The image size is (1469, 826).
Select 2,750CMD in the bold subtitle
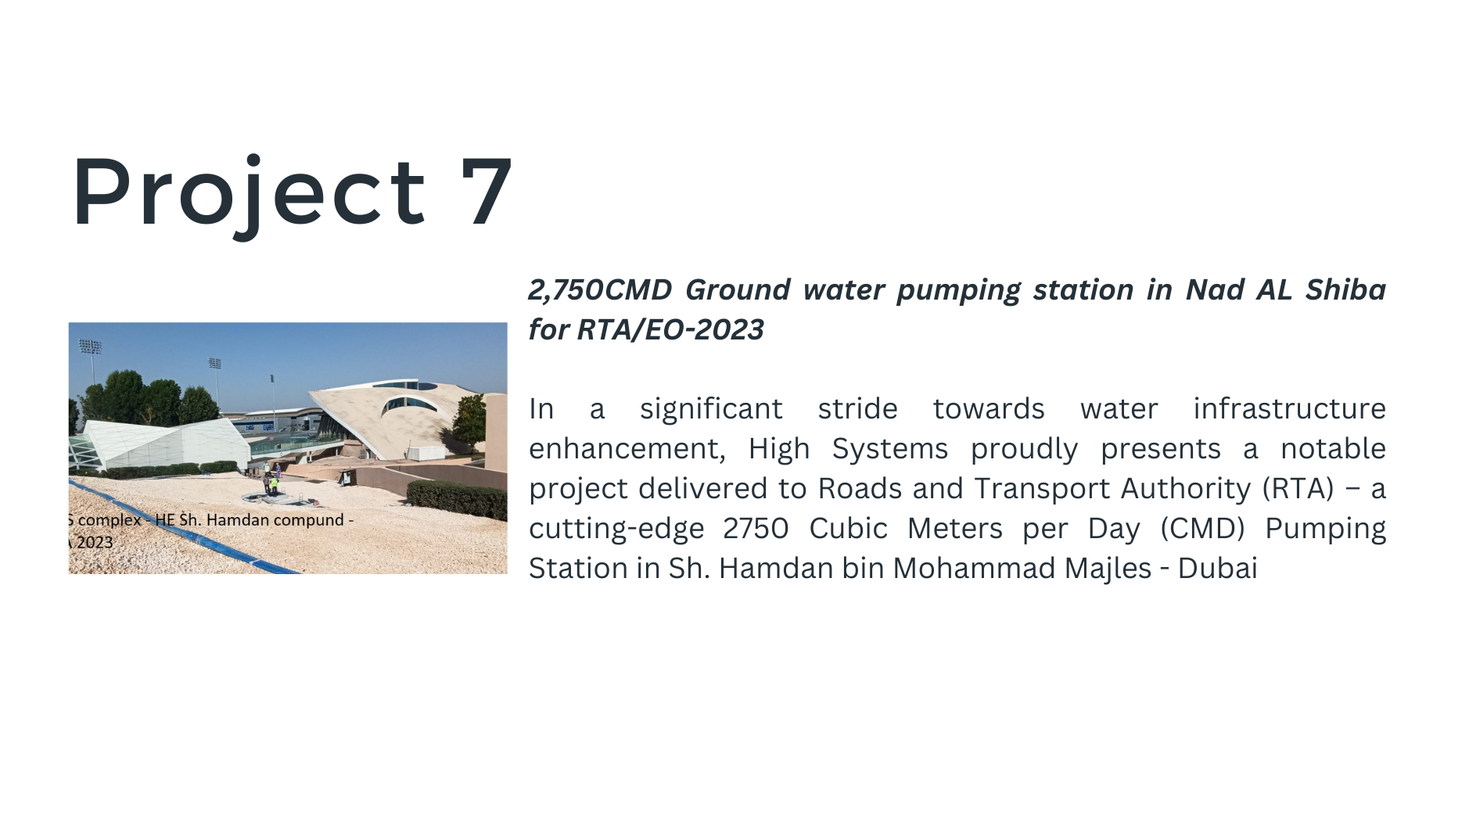click(600, 290)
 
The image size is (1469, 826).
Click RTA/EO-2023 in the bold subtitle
click(670, 330)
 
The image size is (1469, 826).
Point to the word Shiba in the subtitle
click(1345, 289)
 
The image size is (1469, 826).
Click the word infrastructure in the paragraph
click(1289, 408)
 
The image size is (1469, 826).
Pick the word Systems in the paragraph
click(889, 450)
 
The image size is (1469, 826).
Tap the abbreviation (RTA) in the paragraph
click(1298, 489)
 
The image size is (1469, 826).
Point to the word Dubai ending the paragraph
click(1217, 569)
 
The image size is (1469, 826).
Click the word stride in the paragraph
click(857, 408)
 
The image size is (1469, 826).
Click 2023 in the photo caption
click(95, 542)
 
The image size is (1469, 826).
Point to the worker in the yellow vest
click(274, 483)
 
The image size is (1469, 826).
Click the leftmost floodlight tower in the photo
click(91, 360)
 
